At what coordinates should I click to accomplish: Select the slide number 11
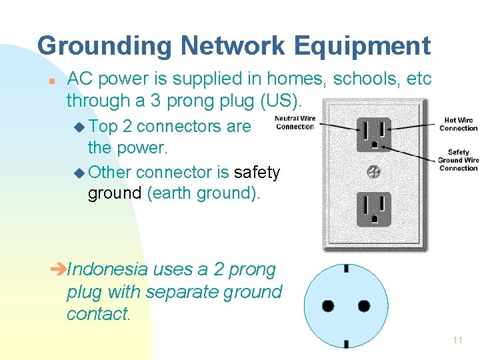coord(457,340)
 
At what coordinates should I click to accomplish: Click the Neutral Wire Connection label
coord(295,123)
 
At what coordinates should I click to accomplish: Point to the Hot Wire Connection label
coord(458,125)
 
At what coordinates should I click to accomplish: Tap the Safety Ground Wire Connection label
coord(458,160)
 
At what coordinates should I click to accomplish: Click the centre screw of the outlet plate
coord(373,172)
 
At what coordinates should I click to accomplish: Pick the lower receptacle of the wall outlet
coord(373,209)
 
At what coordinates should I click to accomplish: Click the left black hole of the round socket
coord(328,306)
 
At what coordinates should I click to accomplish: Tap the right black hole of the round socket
coord(364,306)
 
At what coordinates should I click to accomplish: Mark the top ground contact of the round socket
coord(346,269)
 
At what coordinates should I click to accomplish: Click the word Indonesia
coord(108,269)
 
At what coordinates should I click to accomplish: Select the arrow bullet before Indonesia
coord(59,270)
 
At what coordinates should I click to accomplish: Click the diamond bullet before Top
coord(80,126)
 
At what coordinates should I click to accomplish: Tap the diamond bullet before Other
coord(80,173)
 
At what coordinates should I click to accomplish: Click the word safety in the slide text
coord(257,172)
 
